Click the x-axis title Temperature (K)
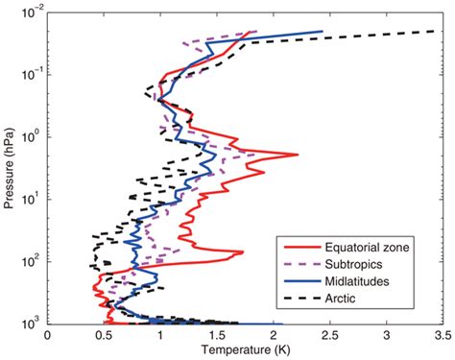[245, 348]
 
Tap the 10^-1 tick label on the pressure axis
[29, 74]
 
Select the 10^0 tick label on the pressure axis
[30, 136]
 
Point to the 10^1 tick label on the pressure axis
[30, 199]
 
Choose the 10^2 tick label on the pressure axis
[30, 261]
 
